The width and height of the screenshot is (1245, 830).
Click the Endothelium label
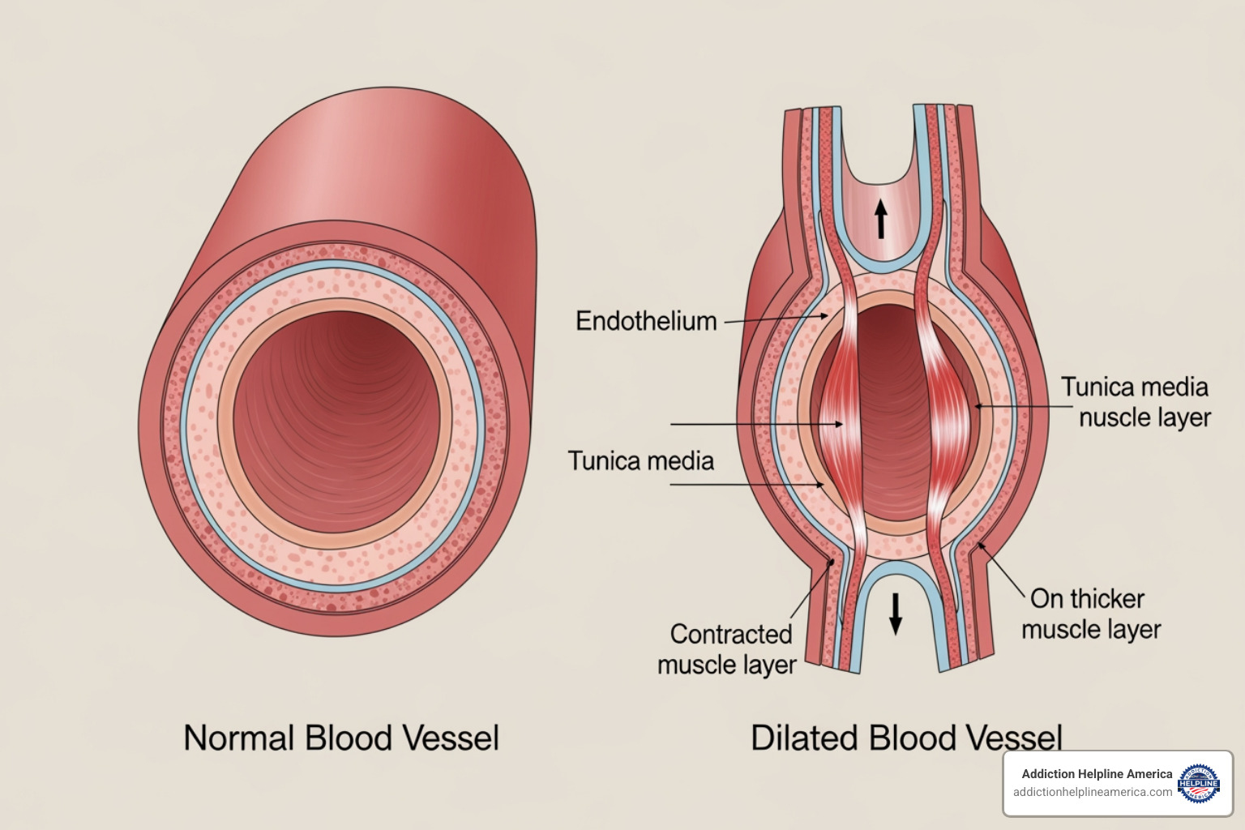(x=646, y=321)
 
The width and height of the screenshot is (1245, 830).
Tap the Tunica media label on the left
(x=640, y=461)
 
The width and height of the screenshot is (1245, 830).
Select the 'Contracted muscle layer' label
(x=727, y=649)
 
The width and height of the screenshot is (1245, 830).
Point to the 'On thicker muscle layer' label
(x=1090, y=614)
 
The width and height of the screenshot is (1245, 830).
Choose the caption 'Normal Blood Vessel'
(x=340, y=738)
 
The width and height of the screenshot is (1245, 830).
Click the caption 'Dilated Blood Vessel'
(x=905, y=738)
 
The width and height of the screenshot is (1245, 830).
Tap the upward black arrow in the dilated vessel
(x=881, y=218)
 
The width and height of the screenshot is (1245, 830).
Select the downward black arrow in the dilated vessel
(x=895, y=614)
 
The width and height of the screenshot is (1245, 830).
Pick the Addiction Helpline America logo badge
(x=1199, y=783)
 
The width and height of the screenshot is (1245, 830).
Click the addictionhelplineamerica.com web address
(x=1092, y=792)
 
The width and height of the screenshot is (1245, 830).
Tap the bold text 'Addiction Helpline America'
(x=1096, y=774)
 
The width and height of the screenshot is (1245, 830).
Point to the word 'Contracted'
(x=730, y=634)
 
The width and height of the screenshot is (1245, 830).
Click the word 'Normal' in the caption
(x=239, y=738)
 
